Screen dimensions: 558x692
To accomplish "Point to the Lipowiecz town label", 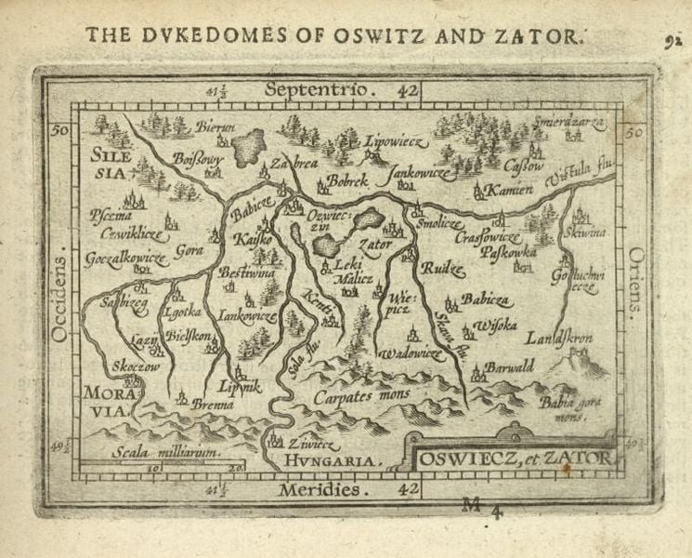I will click(x=376, y=144).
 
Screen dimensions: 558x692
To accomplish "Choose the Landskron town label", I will click(x=558, y=338).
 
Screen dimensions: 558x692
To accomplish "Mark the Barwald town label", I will click(x=509, y=366).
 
